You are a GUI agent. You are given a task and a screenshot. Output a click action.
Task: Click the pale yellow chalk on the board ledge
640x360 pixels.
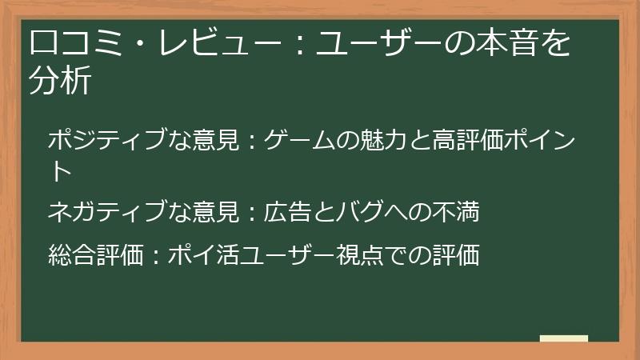click(564, 338)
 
